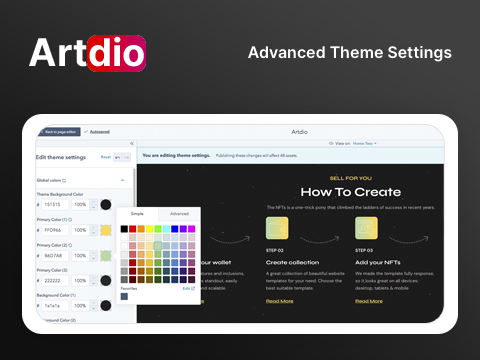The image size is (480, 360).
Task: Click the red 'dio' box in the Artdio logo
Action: click(x=119, y=53)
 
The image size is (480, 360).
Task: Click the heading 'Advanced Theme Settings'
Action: click(x=349, y=52)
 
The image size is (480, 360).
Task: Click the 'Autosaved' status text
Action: click(x=100, y=131)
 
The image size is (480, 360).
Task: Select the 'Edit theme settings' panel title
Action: click(x=61, y=157)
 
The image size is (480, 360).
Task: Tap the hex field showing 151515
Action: click(x=54, y=204)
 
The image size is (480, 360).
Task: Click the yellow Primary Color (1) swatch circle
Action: click(x=106, y=230)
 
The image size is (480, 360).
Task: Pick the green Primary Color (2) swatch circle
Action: click(x=106, y=256)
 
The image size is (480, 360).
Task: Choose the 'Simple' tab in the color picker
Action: click(x=137, y=213)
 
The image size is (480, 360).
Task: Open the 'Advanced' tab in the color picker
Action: click(x=179, y=213)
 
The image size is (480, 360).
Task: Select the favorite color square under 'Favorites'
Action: click(x=124, y=297)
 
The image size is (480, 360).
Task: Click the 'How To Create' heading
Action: click(x=350, y=192)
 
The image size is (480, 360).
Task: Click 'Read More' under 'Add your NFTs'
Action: click(x=369, y=300)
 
